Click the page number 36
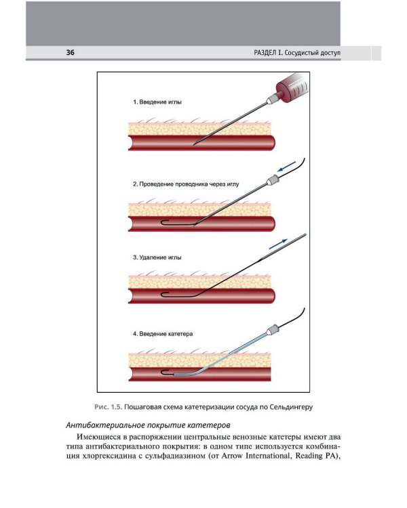coord(70,52)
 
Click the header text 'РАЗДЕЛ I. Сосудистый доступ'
coord(297,53)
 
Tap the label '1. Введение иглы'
coord(157,102)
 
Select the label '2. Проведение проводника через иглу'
coord(186,184)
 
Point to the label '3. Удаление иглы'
coord(157,257)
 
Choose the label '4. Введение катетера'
coord(163,334)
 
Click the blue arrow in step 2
coord(287,166)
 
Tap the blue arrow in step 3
coord(278,244)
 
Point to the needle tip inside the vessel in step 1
coord(195,144)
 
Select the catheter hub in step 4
coord(272,330)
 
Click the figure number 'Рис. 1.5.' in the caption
coord(109,407)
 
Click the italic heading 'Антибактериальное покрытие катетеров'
coord(149,425)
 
